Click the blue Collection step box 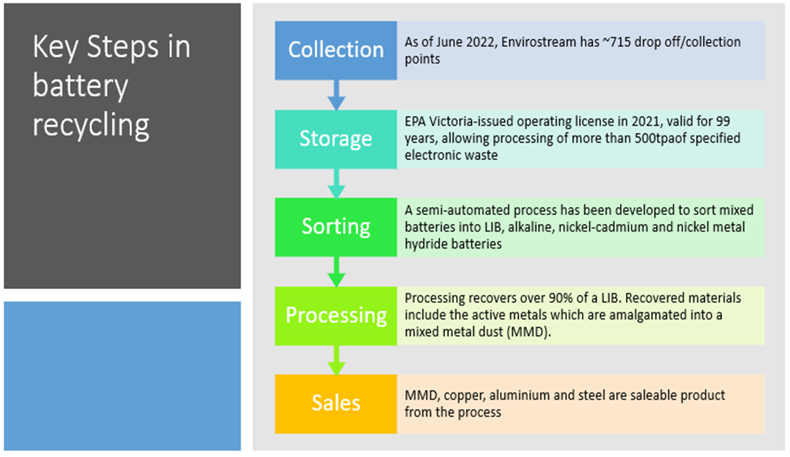coord(336,50)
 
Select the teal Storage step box coord(336,139)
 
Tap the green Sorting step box coord(336,226)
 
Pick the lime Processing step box coord(336,315)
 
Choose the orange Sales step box coord(336,403)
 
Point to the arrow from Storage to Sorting coord(336,183)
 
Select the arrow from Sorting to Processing coord(336,271)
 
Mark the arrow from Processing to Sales coord(336,359)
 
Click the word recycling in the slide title coord(91,125)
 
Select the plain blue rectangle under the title coord(123,376)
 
